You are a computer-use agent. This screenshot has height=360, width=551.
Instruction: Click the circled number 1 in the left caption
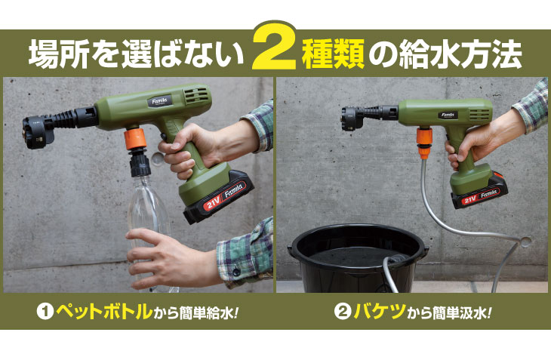point(45,311)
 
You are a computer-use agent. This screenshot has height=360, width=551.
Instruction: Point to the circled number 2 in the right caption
point(343,311)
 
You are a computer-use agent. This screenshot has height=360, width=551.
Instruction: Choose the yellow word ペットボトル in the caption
point(104,311)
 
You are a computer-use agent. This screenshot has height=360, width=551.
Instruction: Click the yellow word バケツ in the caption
point(380,311)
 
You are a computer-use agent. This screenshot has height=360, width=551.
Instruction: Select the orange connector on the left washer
point(135,139)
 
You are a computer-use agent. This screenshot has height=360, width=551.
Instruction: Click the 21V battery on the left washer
point(219,196)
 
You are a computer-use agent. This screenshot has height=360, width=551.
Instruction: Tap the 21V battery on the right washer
point(479,192)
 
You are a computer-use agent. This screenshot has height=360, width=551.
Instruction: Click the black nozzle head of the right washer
point(352,118)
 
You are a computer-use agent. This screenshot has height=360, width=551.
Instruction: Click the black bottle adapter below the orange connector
point(140,162)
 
